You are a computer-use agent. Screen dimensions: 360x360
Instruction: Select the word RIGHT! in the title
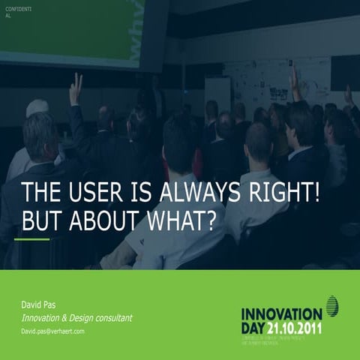click(287, 193)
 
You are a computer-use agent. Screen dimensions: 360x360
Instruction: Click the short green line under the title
click(31, 239)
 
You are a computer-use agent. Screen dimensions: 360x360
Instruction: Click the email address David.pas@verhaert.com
click(52, 331)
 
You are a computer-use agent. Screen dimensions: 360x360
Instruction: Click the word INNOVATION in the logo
click(281, 311)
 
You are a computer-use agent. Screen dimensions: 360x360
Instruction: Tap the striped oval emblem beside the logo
click(331, 306)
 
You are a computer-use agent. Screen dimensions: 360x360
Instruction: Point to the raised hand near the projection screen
click(76, 88)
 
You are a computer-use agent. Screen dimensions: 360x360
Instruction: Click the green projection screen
click(82, 30)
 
